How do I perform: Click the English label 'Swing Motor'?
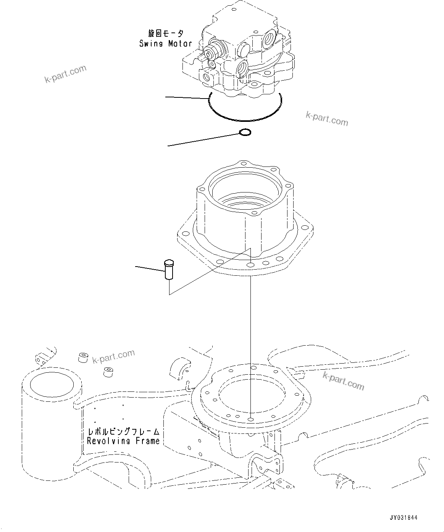tap(165, 44)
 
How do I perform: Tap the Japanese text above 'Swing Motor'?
tap(166, 34)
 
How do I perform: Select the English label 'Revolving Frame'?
tap(123, 441)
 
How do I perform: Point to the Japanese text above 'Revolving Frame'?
tap(123, 432)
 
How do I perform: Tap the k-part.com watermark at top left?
tap(65, 74)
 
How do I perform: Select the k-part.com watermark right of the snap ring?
tap(327, 119)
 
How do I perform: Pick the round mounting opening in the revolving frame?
tap(251, 397)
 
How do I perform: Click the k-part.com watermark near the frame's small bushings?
tap(114, 357)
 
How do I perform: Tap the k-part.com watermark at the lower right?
tap(343, 380)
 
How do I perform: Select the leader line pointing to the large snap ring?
tap(187, 98)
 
